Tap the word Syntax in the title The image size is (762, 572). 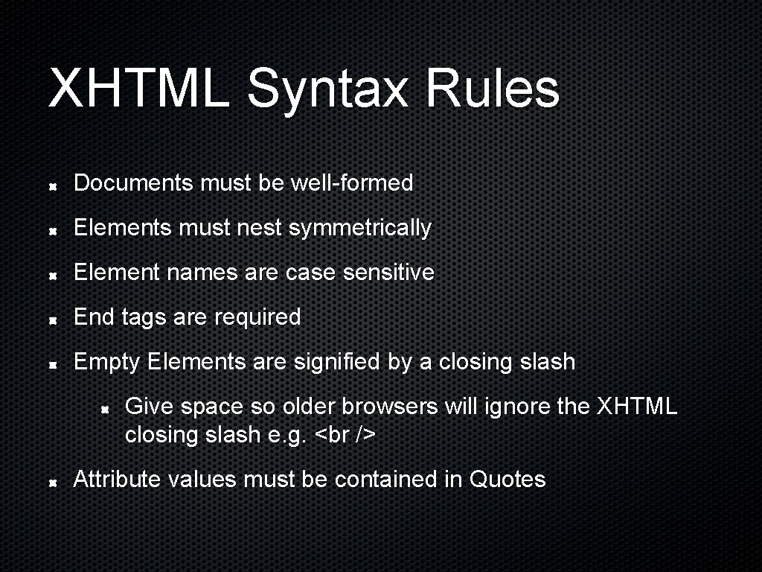[328, 89]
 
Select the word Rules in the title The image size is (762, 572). [492, 88]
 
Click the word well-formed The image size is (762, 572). [351, 182]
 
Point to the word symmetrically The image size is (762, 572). [359, 228]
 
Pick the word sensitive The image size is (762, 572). [388, 273]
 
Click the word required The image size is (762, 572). [257, 317]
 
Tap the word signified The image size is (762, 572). [337, 362]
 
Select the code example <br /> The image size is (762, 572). [345, 435]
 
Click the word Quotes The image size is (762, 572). [508, 480]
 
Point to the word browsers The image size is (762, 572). [390, 407]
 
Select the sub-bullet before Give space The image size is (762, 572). [106, 408]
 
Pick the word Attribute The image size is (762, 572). [118, 480]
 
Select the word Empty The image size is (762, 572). [107, 363]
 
